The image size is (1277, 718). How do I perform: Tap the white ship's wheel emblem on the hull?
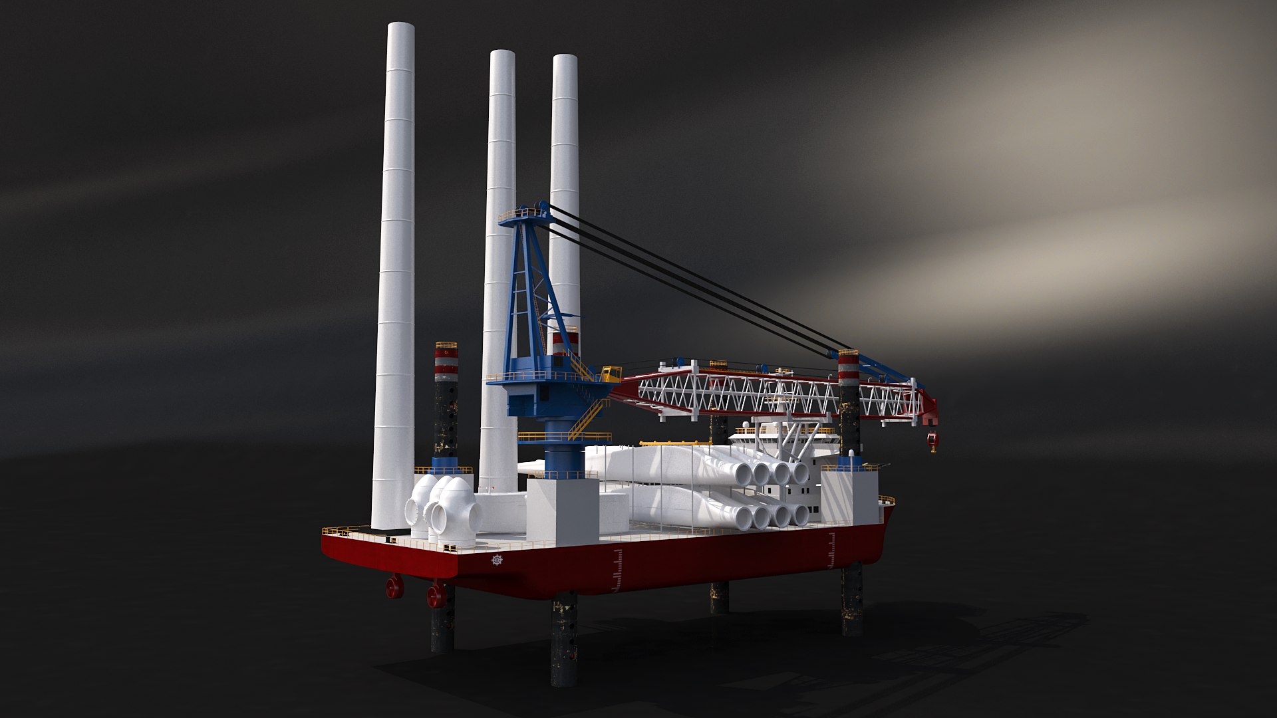coord(497,560)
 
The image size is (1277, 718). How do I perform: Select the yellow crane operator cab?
coord(611,373)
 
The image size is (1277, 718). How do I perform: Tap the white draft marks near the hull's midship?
coord(619,570)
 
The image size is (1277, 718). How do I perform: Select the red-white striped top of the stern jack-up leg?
coord(446,362)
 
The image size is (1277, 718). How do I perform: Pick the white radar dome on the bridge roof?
coord(748,423)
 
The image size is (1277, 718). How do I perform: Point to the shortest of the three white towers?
coord(565,199)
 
